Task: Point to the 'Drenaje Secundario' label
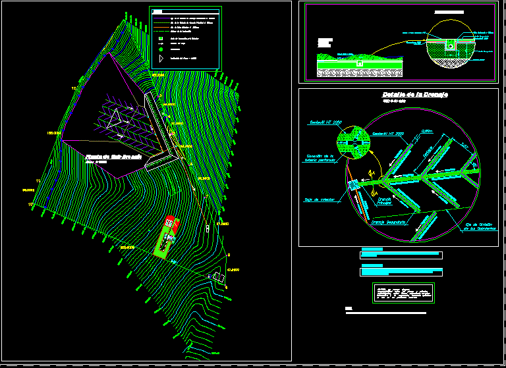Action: (x=387, y=222)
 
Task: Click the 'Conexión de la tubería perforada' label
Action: (x=321, y=158)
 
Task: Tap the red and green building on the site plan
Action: (x=167, y=234)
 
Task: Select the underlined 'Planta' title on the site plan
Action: (x=114, y=157)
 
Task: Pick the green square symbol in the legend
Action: (x=160, y=39)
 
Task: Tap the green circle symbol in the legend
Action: (x=160, y=49)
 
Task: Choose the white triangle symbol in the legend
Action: (x=160, y=59)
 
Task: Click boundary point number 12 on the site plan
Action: (x=74, y=88)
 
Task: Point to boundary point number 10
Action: (x=30, y=205)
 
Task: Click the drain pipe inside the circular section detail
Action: (x=450, y=45)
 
